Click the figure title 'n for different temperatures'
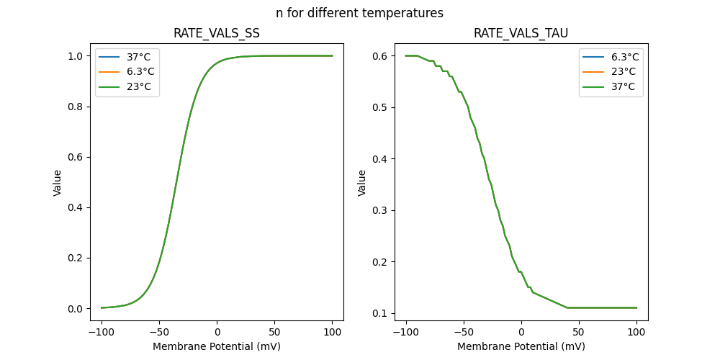click(359, 13)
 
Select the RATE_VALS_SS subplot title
click(217, 34)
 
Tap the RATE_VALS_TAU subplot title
click(521, 34)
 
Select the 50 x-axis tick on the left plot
click(274, 332)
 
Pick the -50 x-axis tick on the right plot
click(464, 332)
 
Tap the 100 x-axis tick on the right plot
click(636, 332)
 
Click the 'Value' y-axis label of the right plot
click(362, 183)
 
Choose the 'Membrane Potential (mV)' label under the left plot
click(217, 346)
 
